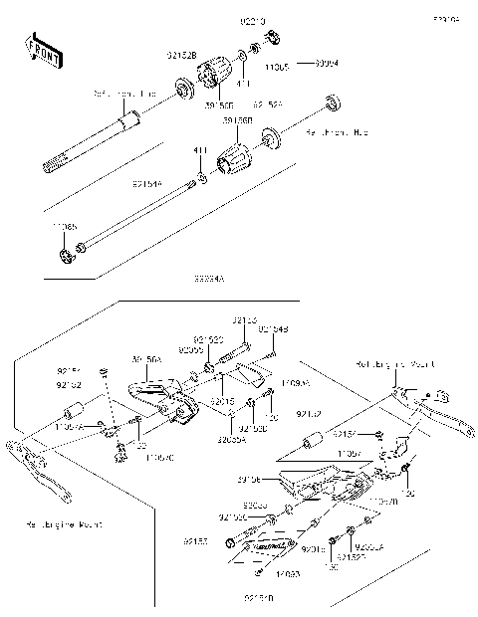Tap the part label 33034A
209,281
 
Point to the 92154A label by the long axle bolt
146,184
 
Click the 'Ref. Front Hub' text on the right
337,131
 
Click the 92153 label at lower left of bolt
195,541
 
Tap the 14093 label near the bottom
261,574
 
